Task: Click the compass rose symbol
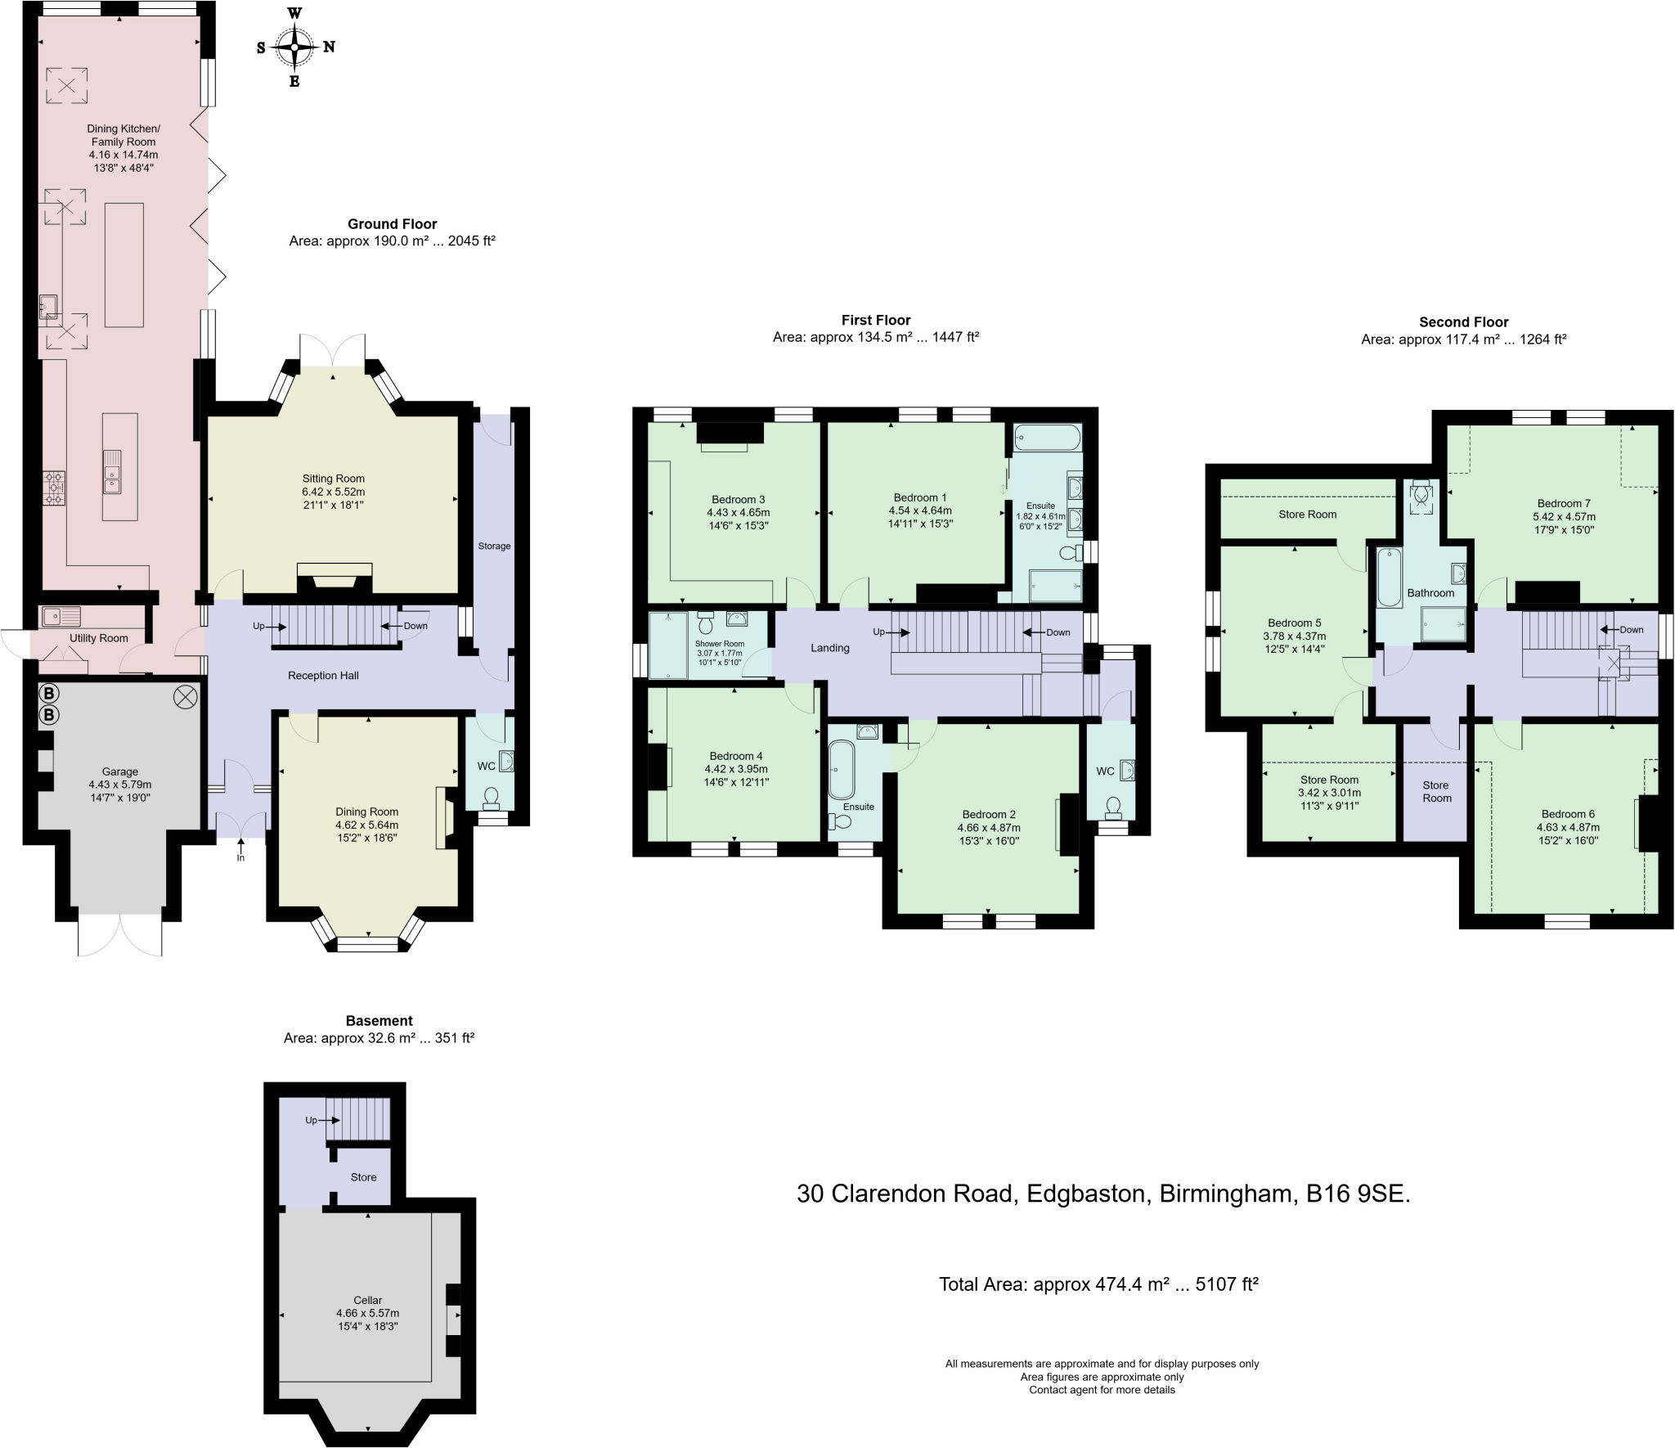tap(294, 47)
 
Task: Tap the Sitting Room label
tap(333, 479)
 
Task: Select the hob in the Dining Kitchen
tap(55, 488)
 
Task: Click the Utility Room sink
tap(60, 615)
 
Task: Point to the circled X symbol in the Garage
tap(186, 697)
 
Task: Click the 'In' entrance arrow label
tap(240, 857)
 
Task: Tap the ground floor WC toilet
tap(492, 796)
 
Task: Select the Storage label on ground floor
tap(494, 546)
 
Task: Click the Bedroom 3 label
tap(738, 499)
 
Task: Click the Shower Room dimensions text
tap(719, 657)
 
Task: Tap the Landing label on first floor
tap(829, 648)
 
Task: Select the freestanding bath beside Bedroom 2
tap(841, 770)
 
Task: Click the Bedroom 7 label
tap(1563, 503)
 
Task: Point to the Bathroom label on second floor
tap(1430, 593)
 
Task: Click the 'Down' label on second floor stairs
tap(1631, 629)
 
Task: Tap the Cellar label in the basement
tap(367, 1299)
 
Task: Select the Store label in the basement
tap(363, 1176)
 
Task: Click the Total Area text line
tap(1098, 1284)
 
